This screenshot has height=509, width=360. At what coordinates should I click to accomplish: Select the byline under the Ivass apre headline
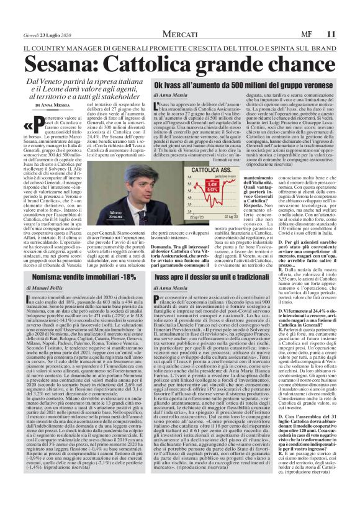[171, 289]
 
